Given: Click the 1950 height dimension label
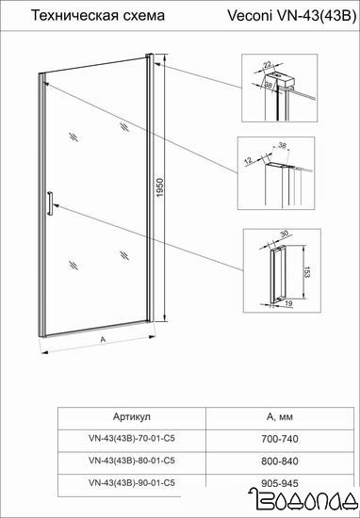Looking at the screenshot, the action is (160, 188).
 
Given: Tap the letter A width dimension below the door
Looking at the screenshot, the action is (103, 339).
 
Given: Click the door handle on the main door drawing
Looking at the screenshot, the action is (50, 203).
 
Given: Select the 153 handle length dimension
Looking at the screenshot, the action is (308, 272).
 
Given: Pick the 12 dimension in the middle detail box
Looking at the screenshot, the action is (250, 160).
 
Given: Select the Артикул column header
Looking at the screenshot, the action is (132, 417).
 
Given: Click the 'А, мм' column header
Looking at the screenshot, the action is (279, 417).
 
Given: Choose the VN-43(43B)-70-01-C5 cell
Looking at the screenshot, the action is (132, 438).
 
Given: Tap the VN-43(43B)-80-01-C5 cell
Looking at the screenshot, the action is (132, 461).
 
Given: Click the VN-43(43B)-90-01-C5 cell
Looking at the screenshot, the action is (132, 482).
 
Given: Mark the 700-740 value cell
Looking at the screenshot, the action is (280, 439).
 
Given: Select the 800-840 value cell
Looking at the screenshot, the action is (280, 461).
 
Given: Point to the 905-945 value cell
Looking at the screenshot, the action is (280, 483).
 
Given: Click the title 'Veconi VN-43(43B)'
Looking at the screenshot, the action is (291, 16).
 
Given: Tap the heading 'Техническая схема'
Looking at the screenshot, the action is (97, 15).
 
